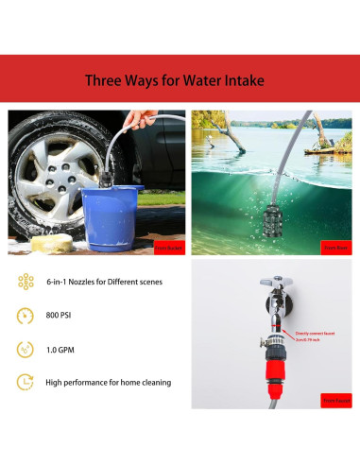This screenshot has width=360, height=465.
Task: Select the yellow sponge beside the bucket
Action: click(48, 245)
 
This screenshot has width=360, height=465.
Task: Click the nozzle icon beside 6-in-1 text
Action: click(26, 281)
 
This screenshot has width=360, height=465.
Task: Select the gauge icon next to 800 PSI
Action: click(26, 314)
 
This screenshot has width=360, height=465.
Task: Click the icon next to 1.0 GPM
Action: click(26, 348)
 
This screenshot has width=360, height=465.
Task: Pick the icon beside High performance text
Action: click(26, 382)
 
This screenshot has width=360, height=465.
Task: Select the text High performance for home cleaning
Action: click(107, 383)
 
